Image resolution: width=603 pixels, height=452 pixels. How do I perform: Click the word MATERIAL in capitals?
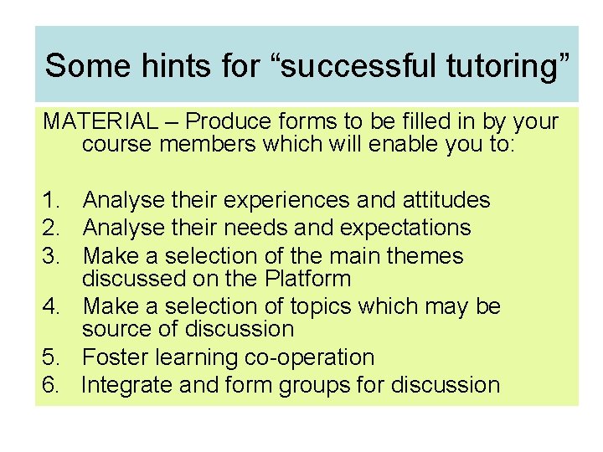coord(100,122)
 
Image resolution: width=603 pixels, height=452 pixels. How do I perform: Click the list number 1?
coord(52,200)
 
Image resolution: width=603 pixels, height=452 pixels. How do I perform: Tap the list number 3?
coord(52,255)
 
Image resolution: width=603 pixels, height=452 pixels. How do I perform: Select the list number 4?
coord(52,306)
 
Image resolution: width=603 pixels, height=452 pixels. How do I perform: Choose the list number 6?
coord(52,385)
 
